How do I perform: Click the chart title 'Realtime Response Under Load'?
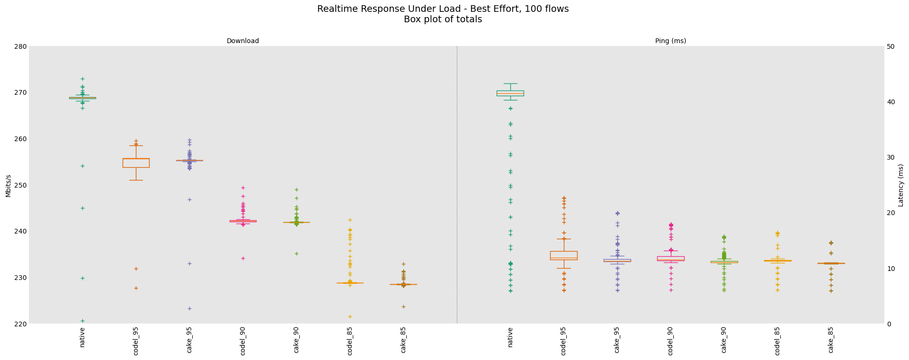click(443, 9)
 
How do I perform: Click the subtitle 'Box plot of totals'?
click(443, 19)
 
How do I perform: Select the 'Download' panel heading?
click(242, 41)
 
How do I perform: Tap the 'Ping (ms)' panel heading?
click(670, 41)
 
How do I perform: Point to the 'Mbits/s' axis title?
click(8, 185)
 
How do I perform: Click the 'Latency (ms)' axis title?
click(900, 185)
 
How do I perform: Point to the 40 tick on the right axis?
click(891, 102)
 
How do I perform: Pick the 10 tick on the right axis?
click(891, 269)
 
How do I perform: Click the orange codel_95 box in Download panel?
click(136, 163)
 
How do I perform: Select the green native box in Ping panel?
click(510, 93)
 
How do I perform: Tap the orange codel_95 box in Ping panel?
click(563, 255)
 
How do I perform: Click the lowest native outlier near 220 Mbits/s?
click(82, 321)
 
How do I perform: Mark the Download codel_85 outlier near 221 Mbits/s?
click(350, 316)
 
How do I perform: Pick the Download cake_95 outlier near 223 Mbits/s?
click(189, 308)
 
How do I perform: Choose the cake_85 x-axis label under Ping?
click(831, 339)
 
